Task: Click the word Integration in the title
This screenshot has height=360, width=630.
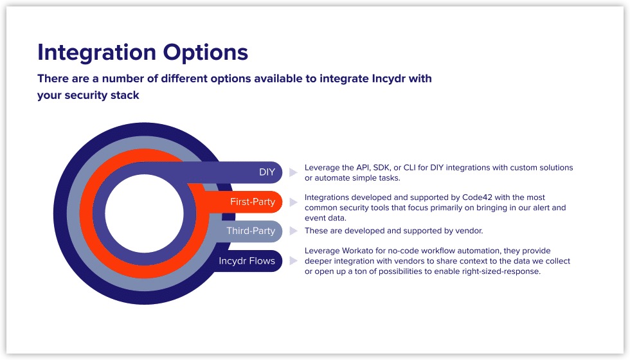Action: click(x=94, y=52)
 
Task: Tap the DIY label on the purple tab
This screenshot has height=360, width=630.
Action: click(x=267, y=172)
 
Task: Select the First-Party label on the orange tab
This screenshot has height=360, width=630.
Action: click(x=253, y=202)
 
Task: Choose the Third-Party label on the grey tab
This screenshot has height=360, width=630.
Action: click(x=251, y=231)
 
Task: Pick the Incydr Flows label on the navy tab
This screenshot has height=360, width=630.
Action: click(x=247, y=261)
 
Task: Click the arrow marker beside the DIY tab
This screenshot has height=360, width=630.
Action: click(x=293, y=172)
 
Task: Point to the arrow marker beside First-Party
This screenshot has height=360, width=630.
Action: click(x=293, y=202)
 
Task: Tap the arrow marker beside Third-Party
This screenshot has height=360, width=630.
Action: click(x=293, y=231)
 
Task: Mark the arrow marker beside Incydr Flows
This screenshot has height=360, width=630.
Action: click(x=293, y=261)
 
